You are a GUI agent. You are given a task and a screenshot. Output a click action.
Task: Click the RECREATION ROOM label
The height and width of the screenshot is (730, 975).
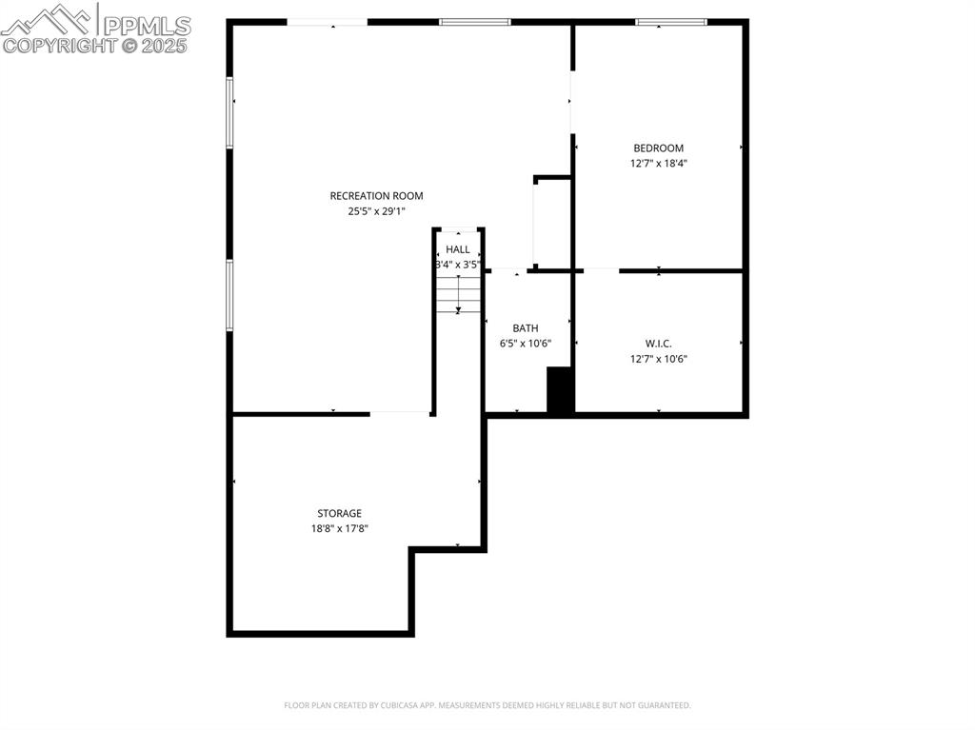(x=376, y=196)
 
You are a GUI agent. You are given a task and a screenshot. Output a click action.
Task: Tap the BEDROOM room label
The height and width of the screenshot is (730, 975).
(x=658, y=148)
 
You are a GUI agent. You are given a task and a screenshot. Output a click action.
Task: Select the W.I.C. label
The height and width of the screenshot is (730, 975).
(x=658, y=344)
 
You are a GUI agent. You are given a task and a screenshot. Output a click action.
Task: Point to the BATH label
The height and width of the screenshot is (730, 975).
(x=526, y=328)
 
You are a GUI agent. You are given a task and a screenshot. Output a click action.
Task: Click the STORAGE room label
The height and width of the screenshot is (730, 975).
(x=339, y=513)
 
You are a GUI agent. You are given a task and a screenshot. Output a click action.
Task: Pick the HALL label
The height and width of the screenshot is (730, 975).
(x=458, y=249)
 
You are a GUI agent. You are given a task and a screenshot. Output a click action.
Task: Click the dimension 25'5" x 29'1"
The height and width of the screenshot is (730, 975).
(x=376, y=211)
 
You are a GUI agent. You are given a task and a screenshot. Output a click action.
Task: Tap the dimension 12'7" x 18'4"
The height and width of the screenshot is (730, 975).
(x=658, y=163)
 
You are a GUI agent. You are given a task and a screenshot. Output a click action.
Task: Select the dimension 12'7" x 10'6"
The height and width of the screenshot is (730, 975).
(x=658, y=359)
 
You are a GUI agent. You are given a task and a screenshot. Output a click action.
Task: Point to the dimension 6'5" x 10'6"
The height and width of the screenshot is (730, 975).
(x=526, y=344)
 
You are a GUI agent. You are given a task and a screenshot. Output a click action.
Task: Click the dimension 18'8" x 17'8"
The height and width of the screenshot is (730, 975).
(x=339, y=528)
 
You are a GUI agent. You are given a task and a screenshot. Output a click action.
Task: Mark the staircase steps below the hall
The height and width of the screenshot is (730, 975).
(x=458, y=293)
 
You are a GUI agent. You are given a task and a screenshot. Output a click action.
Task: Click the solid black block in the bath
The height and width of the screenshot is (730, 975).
(x=560, y=390)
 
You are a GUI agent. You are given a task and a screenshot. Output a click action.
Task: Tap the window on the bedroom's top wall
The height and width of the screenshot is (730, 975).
(x=671, y=22)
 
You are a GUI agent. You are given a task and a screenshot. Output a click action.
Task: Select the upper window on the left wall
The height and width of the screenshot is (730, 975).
(x=229, y=112)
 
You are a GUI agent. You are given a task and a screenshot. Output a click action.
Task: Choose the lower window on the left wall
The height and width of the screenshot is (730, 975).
(x=229, y=295)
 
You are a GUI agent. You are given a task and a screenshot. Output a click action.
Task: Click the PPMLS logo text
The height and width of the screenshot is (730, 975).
(x=145, y=26)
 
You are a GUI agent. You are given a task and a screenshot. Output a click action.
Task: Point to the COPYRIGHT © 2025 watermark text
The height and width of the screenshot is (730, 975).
(x=95, y=45)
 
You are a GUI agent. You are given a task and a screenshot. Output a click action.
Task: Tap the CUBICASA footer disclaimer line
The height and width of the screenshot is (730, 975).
(x=487, y=705)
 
